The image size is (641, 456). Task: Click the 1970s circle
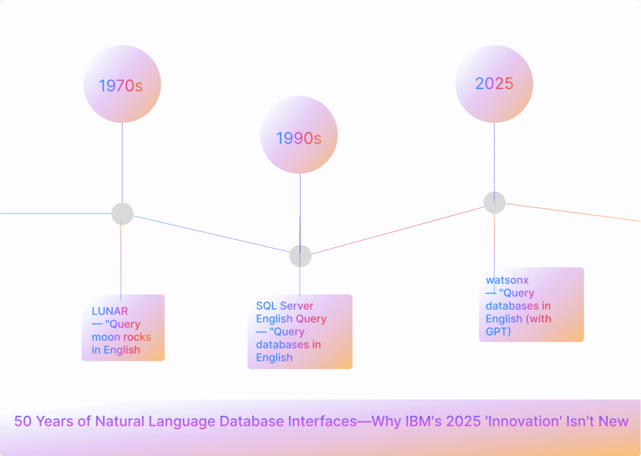(122, 85)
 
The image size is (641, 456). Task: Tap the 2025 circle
(494, 83)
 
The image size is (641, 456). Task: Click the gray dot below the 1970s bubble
(122, 214)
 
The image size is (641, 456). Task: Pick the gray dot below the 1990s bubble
(300, 256)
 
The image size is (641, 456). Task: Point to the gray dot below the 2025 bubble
(494, 202)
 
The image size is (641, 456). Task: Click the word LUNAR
(110, 311)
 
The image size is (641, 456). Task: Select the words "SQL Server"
(285, 306)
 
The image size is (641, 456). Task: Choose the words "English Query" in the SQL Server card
(291, 319)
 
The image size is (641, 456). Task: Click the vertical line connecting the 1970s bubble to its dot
(122, 163)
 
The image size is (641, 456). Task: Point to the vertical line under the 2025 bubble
(494, 157)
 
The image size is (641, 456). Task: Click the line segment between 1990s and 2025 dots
(401, 229)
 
